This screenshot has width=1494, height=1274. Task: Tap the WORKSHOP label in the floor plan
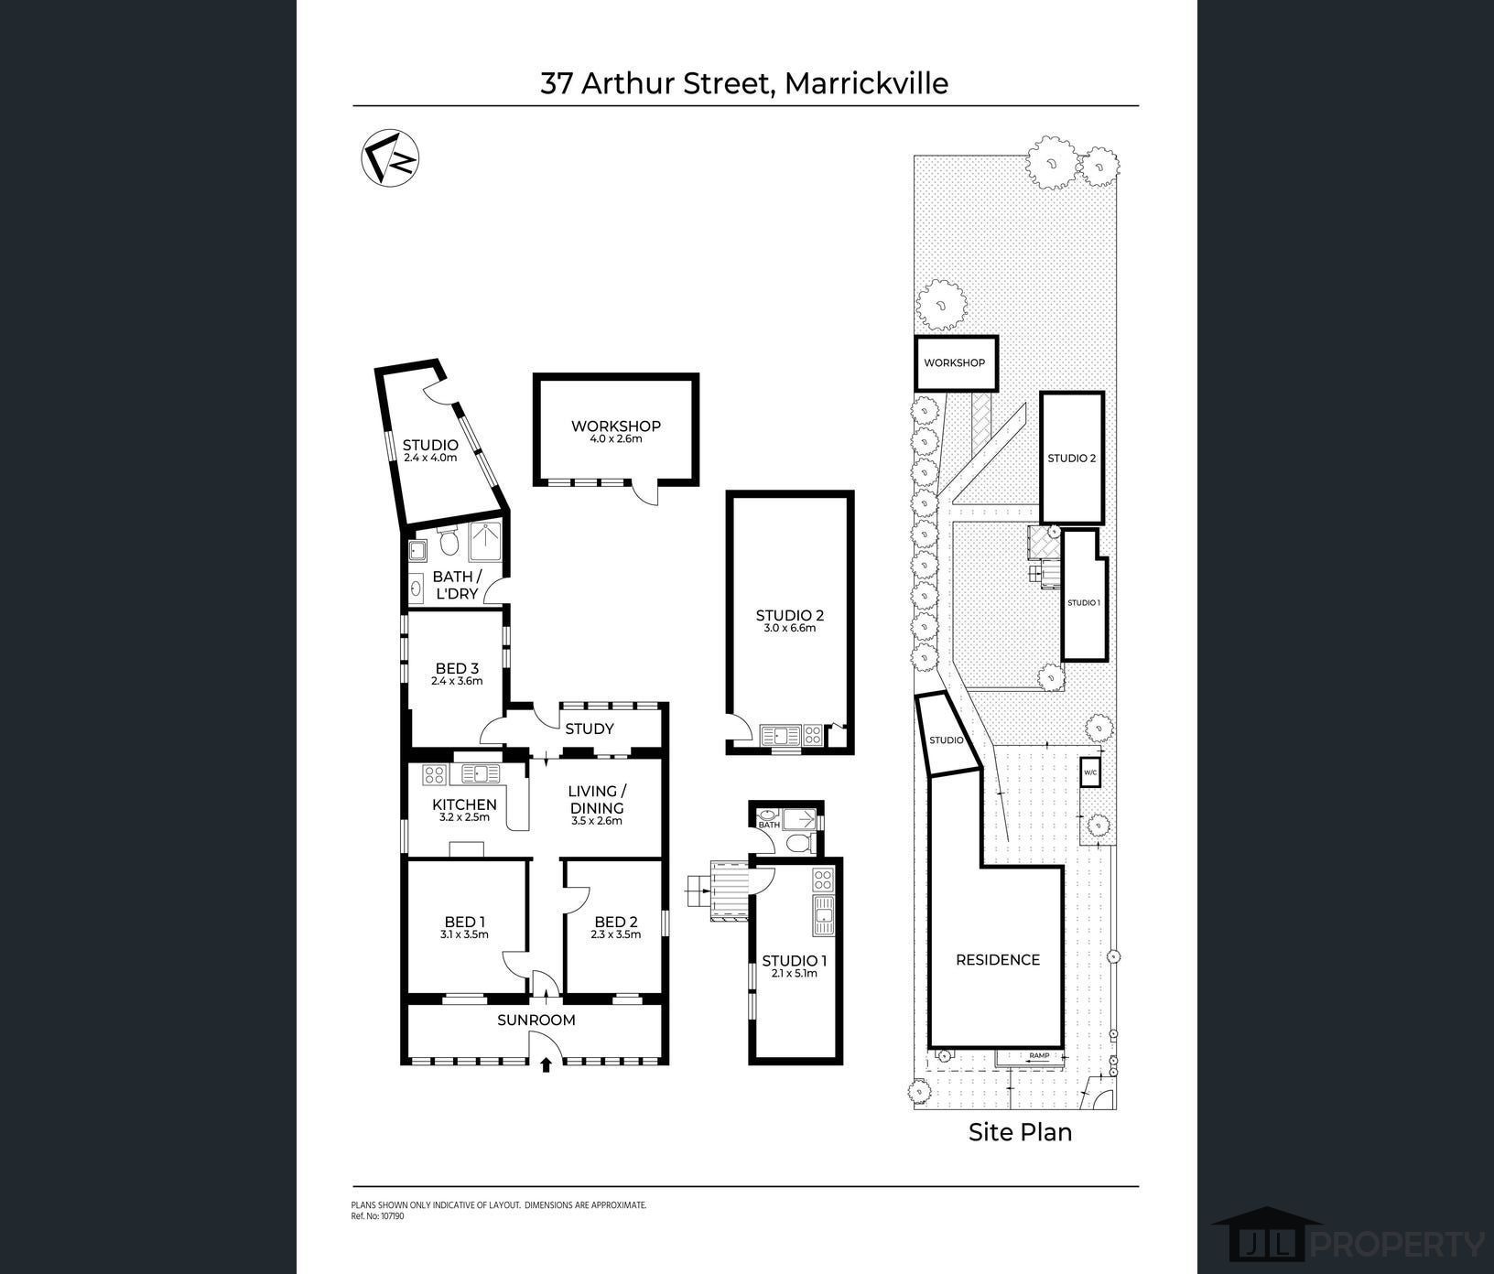pyautogui.click(x=615, y=426)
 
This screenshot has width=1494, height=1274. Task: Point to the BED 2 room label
pyautogui.click(x=615, y=922)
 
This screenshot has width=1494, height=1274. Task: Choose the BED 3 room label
pyautogui.click(x=457, y=668)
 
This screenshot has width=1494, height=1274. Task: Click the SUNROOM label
pyautogui.click(x=536, y=1020)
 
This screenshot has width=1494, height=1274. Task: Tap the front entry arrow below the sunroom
pyautogui.click(x=546, y=1064)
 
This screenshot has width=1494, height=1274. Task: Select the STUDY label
pyautogui.click(x=590, y=729)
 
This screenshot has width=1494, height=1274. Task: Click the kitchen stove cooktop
pyautogui.click(x=434, y=776)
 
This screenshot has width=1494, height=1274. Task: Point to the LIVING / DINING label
pyautogui.click(x=597, y=800)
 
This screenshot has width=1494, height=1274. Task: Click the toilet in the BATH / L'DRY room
pyautogui.click(x=449, y=543)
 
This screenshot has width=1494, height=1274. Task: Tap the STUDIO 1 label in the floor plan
pyautogui.click(x=795, y=961)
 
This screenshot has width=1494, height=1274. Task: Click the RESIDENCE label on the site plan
pyautogui.click(x=998, y=959)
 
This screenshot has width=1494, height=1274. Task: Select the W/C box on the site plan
pyautogui.click(x=1090, y=772)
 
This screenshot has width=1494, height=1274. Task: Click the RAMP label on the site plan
pyautogui.click(x=1039, y=1055)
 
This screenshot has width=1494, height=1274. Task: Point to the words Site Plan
pyautogui.click(x=1020, y=1132)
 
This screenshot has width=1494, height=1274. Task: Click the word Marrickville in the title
pyautogui.click(x=867, y=83)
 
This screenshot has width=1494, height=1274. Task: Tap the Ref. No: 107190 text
pyautogui.click(x=377, y=1216)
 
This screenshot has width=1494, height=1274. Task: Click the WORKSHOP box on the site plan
pyautogui.click(x=956, y=363)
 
